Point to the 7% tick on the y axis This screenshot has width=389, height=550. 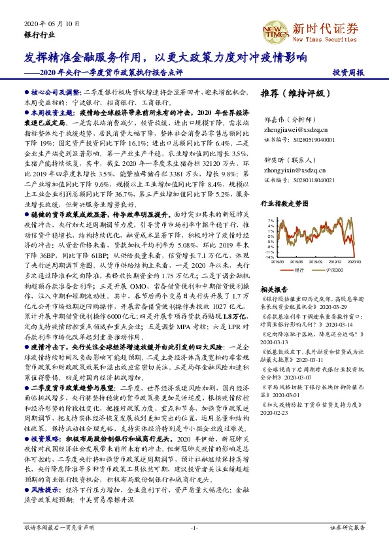(271, 221)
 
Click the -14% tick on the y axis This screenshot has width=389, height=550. (269, 257)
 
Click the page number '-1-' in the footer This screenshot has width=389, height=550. (194, 526)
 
